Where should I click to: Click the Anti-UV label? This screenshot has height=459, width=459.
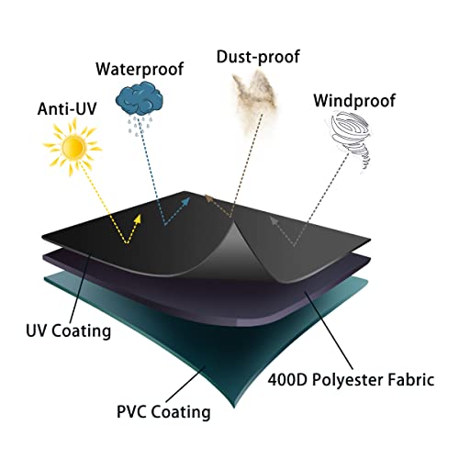point(67,108)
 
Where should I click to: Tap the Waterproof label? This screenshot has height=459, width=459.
point(140,69)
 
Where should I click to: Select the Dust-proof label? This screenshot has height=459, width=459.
point(258,57)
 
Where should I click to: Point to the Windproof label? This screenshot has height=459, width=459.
point(354,101)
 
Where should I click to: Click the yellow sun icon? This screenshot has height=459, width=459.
point(73,148)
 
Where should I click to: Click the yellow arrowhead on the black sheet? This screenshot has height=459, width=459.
point(138,218)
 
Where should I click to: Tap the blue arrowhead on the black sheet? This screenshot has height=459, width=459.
point(185,202)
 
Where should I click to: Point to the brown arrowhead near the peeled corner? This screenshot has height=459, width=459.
point(209,199)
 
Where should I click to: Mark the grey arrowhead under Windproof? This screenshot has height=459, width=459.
point(274,220)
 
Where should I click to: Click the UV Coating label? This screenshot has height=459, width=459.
point(68,330)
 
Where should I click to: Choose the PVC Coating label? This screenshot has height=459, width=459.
point(163,411)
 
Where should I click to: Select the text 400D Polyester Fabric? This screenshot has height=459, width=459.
point(351,380)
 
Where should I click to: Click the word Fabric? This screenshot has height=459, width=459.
point(411,380)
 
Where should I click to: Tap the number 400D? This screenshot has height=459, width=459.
point(287,380)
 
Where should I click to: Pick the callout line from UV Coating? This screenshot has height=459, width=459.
point(80,287)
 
